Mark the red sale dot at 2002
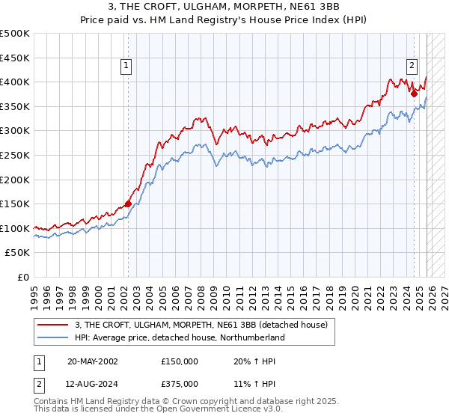pos(128,204)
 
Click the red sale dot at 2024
pos(414,94)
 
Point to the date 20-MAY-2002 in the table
pos(92,361)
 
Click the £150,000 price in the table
pos(180,361)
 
